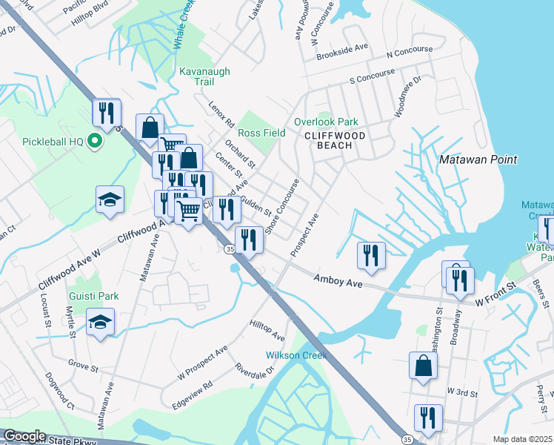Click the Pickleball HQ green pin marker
click(x=95, y=141)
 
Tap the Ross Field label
click(x=262, y=133)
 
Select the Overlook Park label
click(x=326, y=122)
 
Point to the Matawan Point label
click(x=478, y=159)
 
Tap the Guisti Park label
click(x=94, y=296)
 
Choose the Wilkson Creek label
click(x=296, y=356)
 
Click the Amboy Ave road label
click(x=338, y=280)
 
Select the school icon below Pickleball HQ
click(x=110, y=200)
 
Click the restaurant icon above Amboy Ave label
click(x=370, y=254)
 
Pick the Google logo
click(x=24, y=436)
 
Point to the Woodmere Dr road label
click(x=408, y=88)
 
